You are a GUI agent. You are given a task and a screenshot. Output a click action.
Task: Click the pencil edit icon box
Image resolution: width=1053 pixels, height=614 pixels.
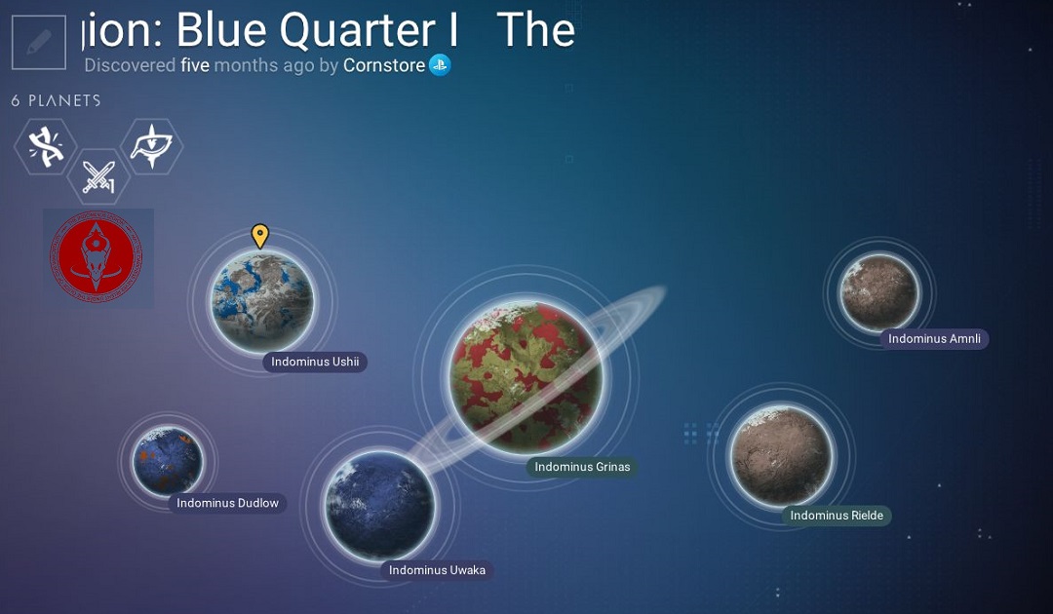click(x=39, y=42)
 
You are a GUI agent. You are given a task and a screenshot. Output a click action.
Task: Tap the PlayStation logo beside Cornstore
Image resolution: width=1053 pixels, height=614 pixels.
click(x=440, y=65)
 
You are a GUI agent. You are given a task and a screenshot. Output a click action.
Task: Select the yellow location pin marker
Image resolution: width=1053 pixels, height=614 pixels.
click(x=260, y=236)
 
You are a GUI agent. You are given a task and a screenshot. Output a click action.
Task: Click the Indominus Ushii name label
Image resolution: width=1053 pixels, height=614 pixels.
click(x=315, y=362)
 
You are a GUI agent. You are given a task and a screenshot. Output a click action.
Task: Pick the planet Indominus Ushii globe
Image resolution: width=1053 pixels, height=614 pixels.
click(x=262, y=301)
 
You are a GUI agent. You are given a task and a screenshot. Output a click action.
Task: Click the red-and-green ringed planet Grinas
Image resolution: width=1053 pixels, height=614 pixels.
click(x=526, y=376)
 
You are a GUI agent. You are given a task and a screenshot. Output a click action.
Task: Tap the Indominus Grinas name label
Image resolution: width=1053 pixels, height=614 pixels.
click(x=582, y=467)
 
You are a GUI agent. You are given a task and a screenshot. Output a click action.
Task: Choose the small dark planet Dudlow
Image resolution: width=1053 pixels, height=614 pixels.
click(x=168, y=461)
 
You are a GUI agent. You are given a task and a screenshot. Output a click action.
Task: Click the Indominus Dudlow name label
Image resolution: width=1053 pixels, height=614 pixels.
click(x=227, y=503)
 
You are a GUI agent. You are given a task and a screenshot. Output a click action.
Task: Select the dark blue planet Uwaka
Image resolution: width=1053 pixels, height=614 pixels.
click(x=379, y=505)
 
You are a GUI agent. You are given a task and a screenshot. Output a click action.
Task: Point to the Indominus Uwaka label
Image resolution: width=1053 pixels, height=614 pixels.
click(x=437, y=570)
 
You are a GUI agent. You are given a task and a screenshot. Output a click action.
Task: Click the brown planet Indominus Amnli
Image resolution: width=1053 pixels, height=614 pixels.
click(x=879, y=292)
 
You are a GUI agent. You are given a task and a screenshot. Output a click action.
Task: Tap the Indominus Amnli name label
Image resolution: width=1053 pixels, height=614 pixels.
click(x=934, y=339)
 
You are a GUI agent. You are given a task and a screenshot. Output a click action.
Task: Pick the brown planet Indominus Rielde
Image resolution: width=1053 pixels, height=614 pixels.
click(x=781, y=455)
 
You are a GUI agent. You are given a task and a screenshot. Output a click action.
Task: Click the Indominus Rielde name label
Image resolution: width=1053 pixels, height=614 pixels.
click(x=837, y=516)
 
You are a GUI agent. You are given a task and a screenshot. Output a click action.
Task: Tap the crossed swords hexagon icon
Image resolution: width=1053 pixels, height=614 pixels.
click(x=98, y=176)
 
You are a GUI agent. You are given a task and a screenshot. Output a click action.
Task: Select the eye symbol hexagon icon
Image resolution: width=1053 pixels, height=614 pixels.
click(x=152, y=146)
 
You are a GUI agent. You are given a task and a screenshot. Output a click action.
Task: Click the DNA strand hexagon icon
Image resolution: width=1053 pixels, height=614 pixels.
click(x=46, y=147)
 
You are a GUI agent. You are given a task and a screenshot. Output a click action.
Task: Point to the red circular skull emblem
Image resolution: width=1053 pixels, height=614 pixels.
click(x=97, y=256)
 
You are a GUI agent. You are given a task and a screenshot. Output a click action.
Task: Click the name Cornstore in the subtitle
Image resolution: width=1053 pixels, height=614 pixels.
click(x=384, y=65)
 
